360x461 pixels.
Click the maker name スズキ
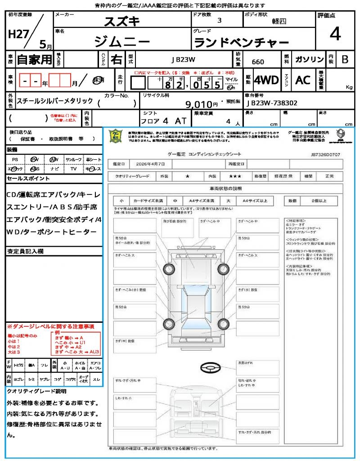pos(122,21)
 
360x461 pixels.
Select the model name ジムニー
pos(122,41)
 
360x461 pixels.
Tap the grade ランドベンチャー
pos(241,43)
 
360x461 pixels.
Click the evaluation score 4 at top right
pos(334,34)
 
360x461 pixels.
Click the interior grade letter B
pos(345,60)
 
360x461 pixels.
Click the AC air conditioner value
pos(303,80)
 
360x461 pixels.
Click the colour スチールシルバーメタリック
pos(54,101)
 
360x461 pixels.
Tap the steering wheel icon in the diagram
pos(210,368)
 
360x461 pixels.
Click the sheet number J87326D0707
pos(325,154)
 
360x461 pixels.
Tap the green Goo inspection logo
pos(116,136)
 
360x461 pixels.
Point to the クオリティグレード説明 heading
pos(36,391)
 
